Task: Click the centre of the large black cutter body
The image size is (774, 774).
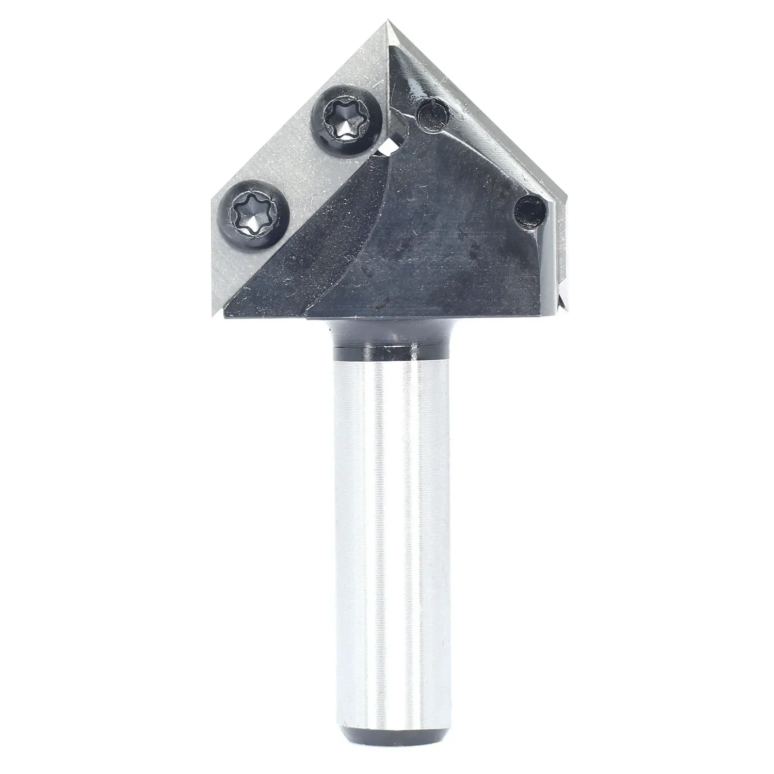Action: tap(439, 243)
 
